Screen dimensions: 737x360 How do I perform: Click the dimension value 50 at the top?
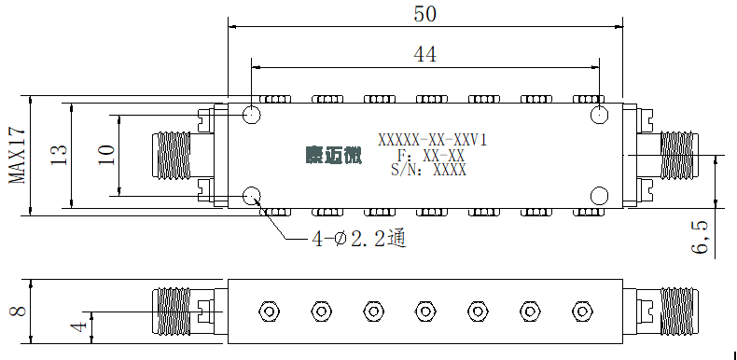click(x=424, y=14)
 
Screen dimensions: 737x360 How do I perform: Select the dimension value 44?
click(x=424, y=54)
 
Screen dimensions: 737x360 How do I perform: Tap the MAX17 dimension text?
click(x=18, y=156)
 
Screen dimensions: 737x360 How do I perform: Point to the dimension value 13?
click(x=59, y=155)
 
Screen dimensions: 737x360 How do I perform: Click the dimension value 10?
click(x=106, y=155)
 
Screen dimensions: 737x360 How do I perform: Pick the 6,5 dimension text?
click(x=699, y=237)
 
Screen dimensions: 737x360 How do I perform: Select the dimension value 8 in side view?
click(x=18, y=312)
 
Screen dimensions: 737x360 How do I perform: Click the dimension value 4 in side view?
click(x=80, y=326)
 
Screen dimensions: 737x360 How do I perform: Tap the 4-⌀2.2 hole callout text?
click(x=358, y=240)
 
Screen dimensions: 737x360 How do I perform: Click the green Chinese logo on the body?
click(x=334, y=156)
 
